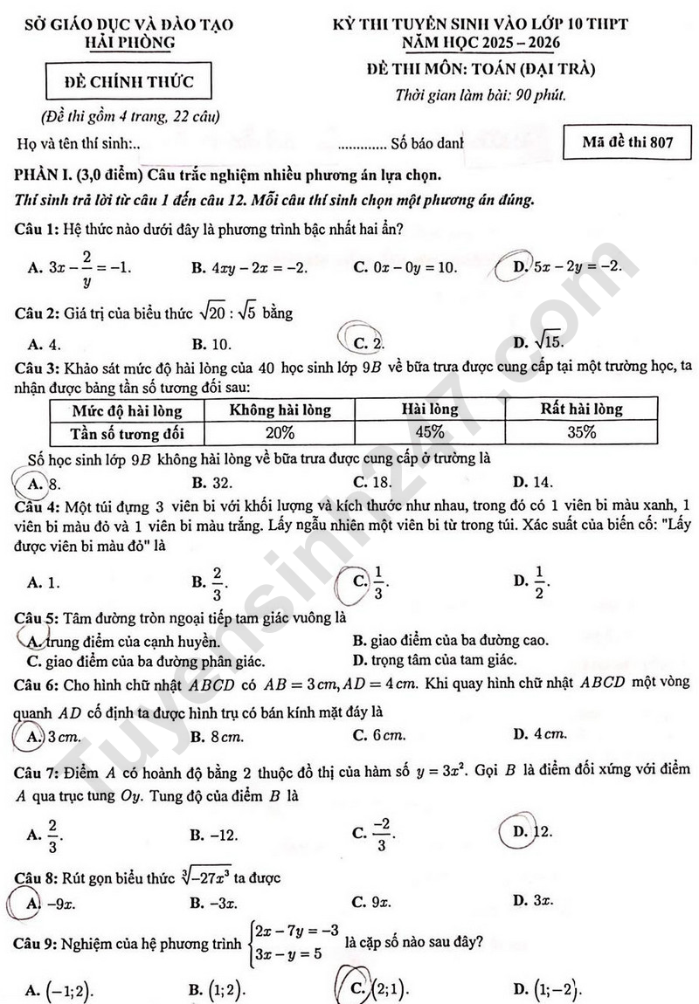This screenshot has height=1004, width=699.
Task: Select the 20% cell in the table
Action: (280, 432)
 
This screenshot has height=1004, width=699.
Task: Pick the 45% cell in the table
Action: (430, 432)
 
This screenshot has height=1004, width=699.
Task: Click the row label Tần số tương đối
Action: (128, 432)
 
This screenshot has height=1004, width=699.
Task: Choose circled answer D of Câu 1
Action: (568, 266)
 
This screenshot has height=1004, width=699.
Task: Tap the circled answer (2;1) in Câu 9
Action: (379, 990)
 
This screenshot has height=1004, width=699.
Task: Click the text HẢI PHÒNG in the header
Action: (130, 42)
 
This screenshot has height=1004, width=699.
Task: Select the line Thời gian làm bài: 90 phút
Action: (481, 96)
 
